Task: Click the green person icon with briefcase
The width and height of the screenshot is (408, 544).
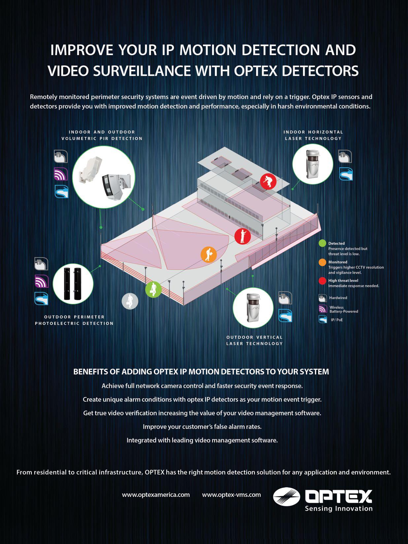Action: [x=153, y=289]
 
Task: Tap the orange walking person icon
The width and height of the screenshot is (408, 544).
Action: [x=209, y=255]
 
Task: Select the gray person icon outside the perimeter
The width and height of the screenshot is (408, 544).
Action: [x=130, y=301]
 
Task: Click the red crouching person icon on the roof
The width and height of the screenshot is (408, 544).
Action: [x=268, y=181]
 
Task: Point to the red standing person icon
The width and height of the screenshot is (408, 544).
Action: [x=243, y=236]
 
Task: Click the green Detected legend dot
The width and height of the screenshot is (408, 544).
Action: [x=323, y=244]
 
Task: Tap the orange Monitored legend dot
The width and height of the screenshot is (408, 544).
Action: [x=323, y=262]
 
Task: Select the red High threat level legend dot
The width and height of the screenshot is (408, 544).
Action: [x=323, y=281]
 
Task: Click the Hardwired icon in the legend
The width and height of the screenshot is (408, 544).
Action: [x=323, y=298]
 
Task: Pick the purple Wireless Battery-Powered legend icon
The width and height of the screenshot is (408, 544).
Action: [x=323, y=309]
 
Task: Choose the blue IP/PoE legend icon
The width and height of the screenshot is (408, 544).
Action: [x=323, y=320]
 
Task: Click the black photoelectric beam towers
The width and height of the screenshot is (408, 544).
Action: [x=73, y=283]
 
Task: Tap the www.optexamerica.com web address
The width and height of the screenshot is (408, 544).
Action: [x=156, y=494]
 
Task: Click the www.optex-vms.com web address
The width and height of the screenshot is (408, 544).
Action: [x=231, y=494]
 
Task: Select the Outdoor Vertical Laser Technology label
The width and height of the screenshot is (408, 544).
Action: [x=255, y=340]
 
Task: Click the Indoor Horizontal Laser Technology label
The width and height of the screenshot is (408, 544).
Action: [x=313, y=135]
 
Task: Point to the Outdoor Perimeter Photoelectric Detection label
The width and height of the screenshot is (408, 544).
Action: [x=74, y=320]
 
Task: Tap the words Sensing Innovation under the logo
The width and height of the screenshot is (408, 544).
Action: [x=339, y=508]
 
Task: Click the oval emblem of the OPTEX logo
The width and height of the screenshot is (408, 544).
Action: [x=286, y=496]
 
